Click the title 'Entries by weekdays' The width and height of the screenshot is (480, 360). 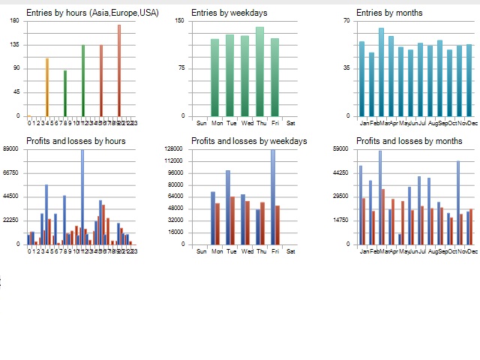click(229, 13)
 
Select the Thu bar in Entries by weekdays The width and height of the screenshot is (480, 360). click(259, 71)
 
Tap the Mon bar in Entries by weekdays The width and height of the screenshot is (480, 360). click(215, 77)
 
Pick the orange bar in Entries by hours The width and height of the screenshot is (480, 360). click(47, 87)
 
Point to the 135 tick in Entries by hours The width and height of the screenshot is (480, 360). click(15, 44)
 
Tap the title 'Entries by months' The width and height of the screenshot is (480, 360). click(388, 13)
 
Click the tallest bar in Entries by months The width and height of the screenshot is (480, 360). click(381, 72)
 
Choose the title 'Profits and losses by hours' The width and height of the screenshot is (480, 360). click(76, 141)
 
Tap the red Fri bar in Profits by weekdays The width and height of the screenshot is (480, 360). click(277, 224)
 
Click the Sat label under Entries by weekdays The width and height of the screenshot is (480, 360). click(290, 122)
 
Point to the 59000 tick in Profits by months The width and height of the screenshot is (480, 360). click(341, 148)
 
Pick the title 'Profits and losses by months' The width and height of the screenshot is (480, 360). click(409, 141)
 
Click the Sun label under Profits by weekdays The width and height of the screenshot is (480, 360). click(201, 250)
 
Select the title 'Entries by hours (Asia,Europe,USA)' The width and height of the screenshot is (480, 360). click(92, 13)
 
